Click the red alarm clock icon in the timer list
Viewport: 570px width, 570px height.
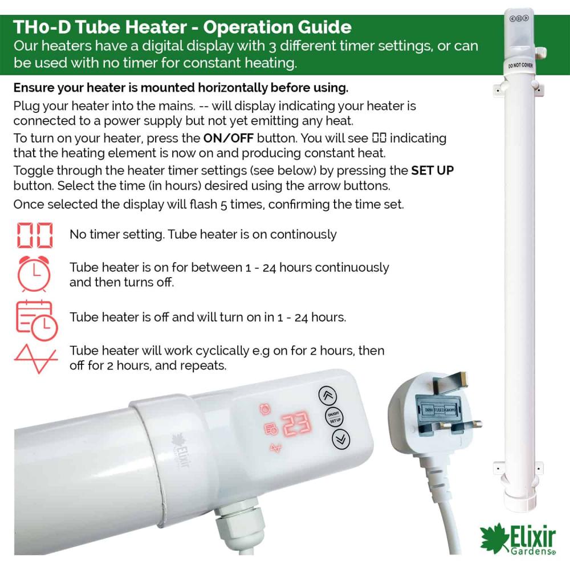34,274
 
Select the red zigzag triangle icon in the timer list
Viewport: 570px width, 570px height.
35,359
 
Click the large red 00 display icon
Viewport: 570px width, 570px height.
35,235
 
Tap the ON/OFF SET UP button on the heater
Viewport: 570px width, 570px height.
333,417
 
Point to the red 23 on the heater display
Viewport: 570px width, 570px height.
297,424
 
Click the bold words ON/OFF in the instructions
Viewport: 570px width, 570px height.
229,138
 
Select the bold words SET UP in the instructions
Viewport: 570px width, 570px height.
432,170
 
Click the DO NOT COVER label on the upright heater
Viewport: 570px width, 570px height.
520,65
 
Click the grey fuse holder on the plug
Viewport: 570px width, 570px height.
439,410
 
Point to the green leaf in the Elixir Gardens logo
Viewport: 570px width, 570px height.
494,538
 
